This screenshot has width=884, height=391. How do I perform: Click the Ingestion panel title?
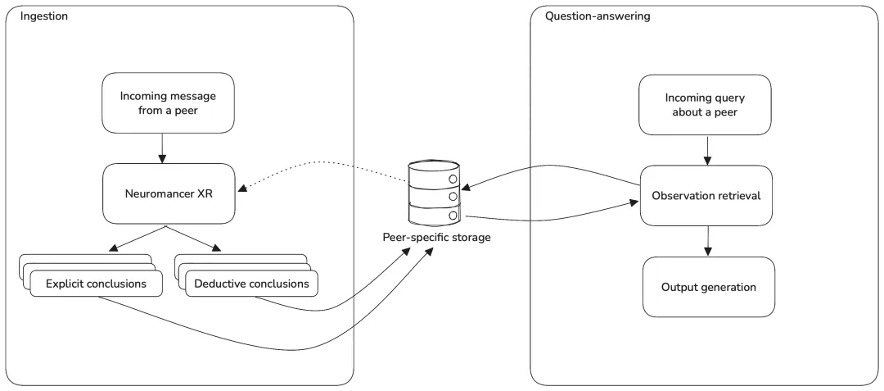tap(44, 16)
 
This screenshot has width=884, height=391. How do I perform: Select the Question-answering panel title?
tap(597, 16)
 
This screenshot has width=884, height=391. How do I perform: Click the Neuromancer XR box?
tap(169, 194)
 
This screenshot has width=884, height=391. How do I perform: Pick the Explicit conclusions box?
tap(96, 284)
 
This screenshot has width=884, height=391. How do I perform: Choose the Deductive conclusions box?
tap(251, 284)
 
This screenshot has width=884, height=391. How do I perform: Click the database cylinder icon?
tap(434, 193)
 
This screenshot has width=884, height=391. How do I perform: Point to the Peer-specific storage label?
tap(435, 238)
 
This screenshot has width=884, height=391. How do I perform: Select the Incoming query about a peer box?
tap(705, 105)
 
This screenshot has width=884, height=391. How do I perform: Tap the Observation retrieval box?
tap(706, 196)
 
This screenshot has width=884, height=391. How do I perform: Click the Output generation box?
tap(709, 287)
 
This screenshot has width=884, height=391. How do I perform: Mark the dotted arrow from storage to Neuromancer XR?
tap(322, 162)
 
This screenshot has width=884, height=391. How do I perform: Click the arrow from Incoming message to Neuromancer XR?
tap(162, 147)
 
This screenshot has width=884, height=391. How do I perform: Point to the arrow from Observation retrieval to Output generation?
tap(707, 240)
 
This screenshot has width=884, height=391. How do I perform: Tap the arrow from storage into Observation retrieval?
tap(550, 219)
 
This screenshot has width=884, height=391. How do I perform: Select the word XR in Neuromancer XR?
tap(205, 194)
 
